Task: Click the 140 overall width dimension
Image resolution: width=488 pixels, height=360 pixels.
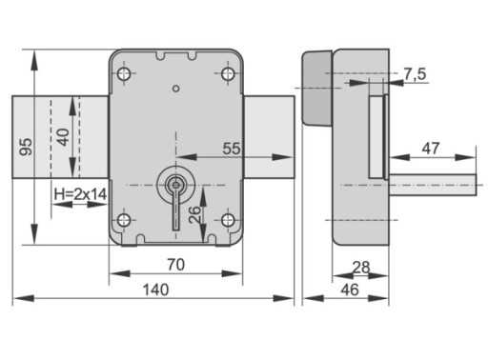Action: (x=155, y=290)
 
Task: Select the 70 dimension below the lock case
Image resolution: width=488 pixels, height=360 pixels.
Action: (x=175, y=265)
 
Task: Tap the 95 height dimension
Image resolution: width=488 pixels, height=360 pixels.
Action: (x=26, y=147)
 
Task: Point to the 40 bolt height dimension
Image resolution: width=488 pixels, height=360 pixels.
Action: (x=63, y=137)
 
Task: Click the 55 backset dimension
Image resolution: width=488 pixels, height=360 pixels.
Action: (x=232, y=149)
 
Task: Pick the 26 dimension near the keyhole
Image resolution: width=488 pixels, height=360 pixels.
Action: (x=194, y=214)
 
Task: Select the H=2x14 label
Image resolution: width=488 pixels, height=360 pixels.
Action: (x=80, y=194)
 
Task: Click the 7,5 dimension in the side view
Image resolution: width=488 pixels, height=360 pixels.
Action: (x=415, y=74)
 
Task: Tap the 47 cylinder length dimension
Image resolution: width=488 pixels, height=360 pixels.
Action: (x=431, y=149)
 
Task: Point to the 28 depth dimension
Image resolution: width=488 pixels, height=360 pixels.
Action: (x=361, y=268)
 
